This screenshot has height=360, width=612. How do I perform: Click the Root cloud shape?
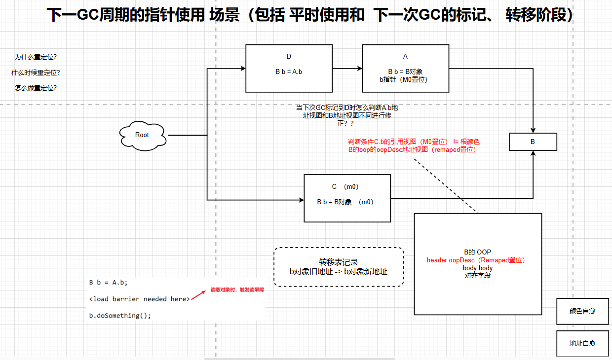pyautogui.click(x=142, y=135)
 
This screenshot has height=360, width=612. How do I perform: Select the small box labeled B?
pyautogui.click(x=533, y=142)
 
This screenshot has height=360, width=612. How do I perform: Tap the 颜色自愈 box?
pyautogui.click(x=582, y=311)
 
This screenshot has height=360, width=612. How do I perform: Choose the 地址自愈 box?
pyautogui.click(x=582, y=343)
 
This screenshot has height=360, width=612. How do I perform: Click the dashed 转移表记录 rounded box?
pyautogui.click(x=339, y=266)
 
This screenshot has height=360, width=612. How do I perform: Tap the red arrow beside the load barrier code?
pyautogui.click(x=198, y=294)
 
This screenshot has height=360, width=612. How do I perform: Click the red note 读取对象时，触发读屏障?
pyautogui.click(x=237, y=290)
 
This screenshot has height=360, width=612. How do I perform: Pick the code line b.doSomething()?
pyautogui.click(x=120, y=315)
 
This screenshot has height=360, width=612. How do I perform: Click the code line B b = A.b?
pyautogui.click(x=108, y=283)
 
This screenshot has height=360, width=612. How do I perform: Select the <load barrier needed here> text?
pyautogui.click(x=140, y=299)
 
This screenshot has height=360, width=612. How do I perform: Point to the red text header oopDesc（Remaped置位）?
pyautogui.click(x=476, y=260)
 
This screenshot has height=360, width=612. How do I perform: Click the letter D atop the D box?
pyautogui.click(x=289, y=56)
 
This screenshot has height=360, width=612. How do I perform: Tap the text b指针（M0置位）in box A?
pyautogui.click(x=405, y=79)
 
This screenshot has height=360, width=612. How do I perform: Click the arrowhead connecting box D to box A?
pyautogui.click(x=359, y=68)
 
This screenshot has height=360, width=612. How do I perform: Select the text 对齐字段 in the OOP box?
pyautogui.click(x=477, y=275)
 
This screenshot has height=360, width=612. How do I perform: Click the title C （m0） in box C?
pyautogui.click(x=345, y=186)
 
